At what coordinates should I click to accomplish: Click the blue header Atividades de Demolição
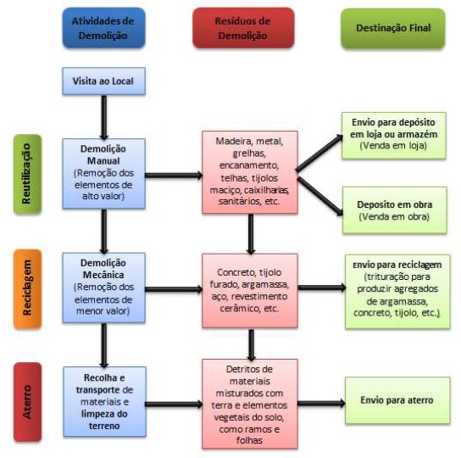(x=103, y=28)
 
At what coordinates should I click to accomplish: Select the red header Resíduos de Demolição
(x=243, y=28)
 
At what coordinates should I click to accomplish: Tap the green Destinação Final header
(x=393, y=28)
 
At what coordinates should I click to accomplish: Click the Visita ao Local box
(x=103, y=81)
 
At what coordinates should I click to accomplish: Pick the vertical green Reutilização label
(x=27, y=174)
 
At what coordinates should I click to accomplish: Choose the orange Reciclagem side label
(x=27, y=288)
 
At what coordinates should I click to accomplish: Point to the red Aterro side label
(x=27, y=402)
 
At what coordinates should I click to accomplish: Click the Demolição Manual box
(x=103, y=173)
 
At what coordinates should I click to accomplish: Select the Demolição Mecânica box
(x=103, y=288)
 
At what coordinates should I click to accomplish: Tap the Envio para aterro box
(x=397, y=400)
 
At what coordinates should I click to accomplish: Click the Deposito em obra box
(x=395, y=210)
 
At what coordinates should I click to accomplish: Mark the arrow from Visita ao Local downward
(x=103, y=117)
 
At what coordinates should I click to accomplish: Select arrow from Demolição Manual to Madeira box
(x=174, y=176)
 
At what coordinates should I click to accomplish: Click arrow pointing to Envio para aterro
(x=321, y=403)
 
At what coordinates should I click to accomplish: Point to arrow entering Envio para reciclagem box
(x=322, y=288)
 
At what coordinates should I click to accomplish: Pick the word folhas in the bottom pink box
(x=249, y=440)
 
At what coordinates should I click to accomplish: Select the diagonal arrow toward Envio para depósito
(x=319, y=153)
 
